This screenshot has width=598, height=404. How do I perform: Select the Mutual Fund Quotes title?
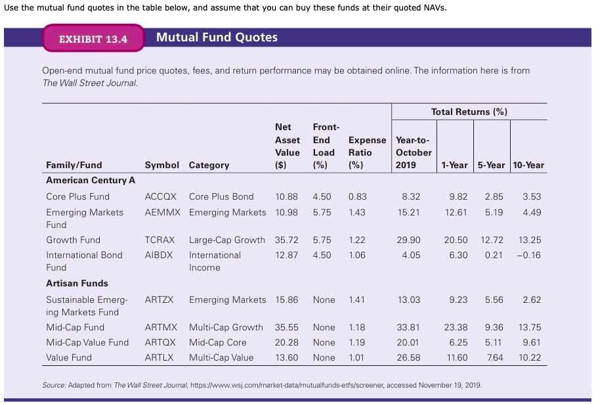[x=217, y=37]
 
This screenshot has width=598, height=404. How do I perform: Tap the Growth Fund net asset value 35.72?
[x=286, y=240]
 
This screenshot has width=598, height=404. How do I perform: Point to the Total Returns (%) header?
[x=469, y=112]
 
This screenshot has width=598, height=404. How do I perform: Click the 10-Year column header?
[x=527, y=165]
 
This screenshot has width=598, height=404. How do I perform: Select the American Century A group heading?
[x=91, y=180]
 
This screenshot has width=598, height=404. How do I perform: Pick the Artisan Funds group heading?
[x=77, y=283]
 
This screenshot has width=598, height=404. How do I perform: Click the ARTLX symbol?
[x=159, y=357]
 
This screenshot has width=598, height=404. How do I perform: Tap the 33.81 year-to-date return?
[x=409, y=327]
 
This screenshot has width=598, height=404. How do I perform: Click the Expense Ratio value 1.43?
[x=357, y=212]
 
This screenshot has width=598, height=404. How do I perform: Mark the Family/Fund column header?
[x=74, y=165]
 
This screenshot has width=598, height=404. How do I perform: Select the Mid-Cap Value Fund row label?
[x=87, y=342]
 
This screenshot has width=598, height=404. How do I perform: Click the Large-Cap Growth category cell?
[x=227, y=240]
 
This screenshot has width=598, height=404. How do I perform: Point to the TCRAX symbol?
[x=160, y=240]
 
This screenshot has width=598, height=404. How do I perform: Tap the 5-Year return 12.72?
[x=492, y=240]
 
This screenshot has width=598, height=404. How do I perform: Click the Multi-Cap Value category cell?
[x=221, y=357]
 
